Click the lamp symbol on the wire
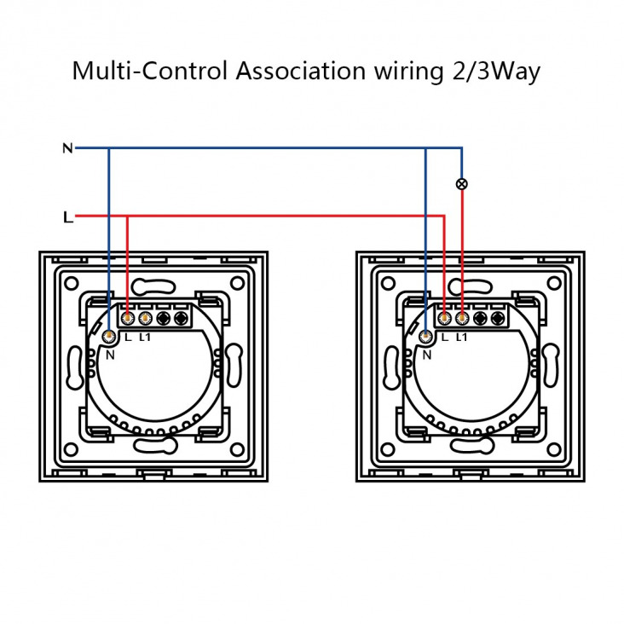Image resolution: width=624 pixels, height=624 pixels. [462, 184]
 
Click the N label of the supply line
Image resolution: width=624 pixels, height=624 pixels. [67, 148]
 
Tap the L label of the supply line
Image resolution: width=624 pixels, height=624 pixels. [68, 217]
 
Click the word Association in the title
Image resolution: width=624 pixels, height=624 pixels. [300, 72]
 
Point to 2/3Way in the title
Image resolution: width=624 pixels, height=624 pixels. [496, 72]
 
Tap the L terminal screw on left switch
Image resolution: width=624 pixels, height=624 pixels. [128, 318]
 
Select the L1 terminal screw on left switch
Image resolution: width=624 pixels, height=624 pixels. [146, 318]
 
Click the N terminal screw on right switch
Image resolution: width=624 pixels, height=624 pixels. [426, 336]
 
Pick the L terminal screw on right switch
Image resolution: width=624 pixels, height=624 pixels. [444, 318]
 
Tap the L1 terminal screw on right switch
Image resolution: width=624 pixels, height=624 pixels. [462, 318]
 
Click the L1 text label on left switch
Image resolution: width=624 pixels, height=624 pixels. [145, 338]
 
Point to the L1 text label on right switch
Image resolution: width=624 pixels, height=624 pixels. [461, 338]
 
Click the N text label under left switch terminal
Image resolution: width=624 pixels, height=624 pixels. [110, 355]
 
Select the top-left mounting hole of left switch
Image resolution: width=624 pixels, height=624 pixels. [72, 284]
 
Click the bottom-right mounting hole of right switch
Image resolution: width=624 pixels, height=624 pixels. [554, 450]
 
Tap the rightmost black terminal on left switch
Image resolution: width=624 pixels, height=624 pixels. [182, 318]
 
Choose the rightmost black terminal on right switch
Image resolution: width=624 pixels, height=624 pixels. [498, 318]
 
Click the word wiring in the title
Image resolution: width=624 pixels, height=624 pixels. [408, 72]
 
